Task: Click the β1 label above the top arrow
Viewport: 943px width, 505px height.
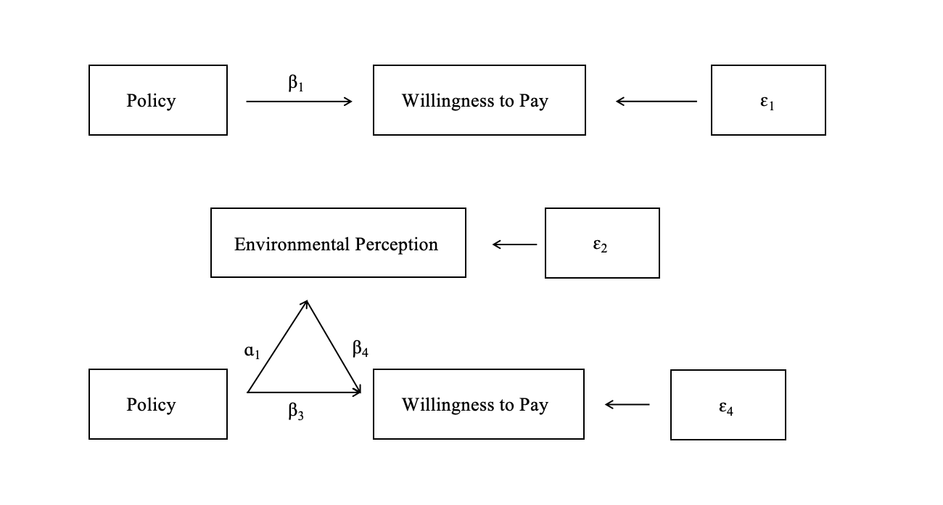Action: (x=295, y=83)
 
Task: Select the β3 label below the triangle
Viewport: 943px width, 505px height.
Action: (x=295, y=412)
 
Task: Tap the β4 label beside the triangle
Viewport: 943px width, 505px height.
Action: (x=361, y=349)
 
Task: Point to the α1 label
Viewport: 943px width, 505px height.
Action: (x=252, y=352)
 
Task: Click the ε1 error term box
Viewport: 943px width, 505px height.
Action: (x=768, y=100)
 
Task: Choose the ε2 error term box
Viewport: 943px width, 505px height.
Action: (x=602, y=243)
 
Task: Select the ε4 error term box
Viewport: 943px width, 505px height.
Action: (x=728, y=405)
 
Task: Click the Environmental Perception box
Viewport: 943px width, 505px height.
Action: (x=338, y=243)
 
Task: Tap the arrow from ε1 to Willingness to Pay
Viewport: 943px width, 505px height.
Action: (x=656, y=102)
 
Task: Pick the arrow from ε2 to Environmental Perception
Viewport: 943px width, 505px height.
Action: (x=515, y=245)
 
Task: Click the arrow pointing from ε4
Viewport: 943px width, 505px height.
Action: (x=627, y=404)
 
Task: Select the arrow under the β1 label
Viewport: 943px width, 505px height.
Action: (x=299, y=102)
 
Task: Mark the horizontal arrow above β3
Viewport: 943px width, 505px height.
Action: (x=305, y=393)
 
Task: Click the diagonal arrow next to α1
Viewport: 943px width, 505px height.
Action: (x=278, y=346)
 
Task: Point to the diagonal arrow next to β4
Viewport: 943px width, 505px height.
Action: (x=334, y=346)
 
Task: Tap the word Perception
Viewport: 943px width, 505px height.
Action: (x=397, y=245)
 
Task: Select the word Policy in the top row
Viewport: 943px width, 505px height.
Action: (x=151, y=100)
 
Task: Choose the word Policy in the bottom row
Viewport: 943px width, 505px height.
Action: (x=151, y=404)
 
